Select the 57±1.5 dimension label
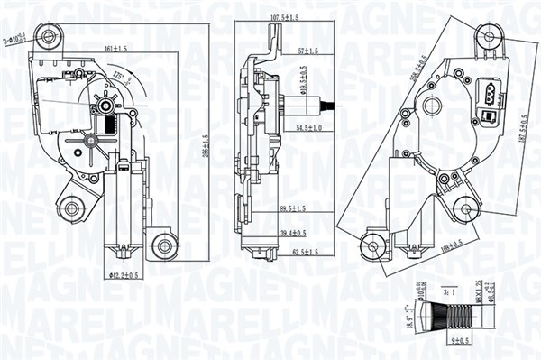(x=310, y=52)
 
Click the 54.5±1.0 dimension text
(x=308, y=129)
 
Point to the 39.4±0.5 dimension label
(x=292, y=233)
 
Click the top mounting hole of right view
(x=489, y=37)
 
